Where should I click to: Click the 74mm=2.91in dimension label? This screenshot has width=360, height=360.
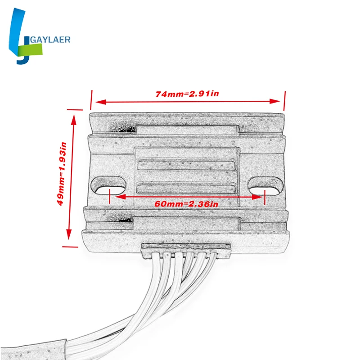tap(187, 94)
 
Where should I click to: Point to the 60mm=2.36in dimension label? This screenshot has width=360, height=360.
tap(186, 204)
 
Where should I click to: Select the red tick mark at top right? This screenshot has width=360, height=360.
tap(284, 99)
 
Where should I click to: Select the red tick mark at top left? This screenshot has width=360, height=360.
tap(91, 99)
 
